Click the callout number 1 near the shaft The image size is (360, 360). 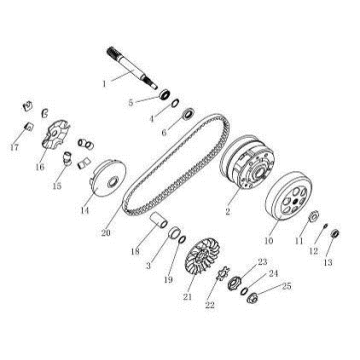tap(103, 83)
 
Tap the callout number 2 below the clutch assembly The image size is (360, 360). tap(229, 213)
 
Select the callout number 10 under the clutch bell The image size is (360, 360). tap(267, 241)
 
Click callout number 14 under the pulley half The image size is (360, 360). tap(85, 212)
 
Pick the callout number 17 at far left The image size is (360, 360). tap(14, 148)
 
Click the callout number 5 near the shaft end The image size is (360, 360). tap(129, 102)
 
